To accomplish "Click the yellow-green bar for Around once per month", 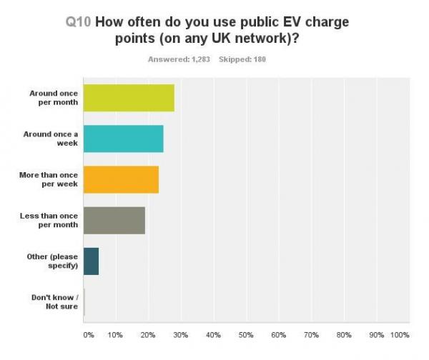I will [129, 97].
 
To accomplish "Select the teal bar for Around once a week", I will [123, 138].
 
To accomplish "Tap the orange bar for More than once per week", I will [121, 179].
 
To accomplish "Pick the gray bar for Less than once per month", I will [114, 220].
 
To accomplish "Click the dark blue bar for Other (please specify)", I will [91, 261].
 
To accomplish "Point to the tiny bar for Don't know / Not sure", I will [84, 302].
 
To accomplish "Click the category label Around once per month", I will [53, 97].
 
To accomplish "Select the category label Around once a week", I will [54, 138].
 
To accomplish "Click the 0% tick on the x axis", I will [89, 334].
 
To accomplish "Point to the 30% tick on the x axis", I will [180, 334].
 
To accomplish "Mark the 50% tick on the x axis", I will [245, 334].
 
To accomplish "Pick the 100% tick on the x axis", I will [400, 334].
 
